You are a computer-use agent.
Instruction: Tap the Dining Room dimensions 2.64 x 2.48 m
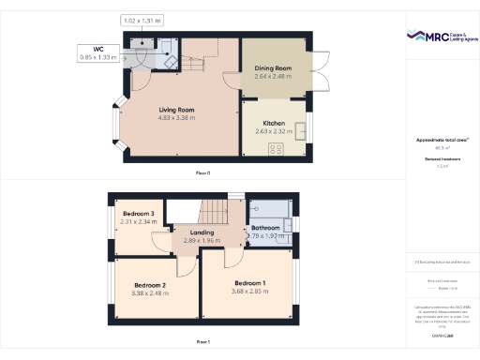(274, 78)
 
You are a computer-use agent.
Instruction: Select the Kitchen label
(274, 123)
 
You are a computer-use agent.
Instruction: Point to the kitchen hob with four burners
(277, 149)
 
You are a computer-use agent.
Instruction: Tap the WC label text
(97, 49)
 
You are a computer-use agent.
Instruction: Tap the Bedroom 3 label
(138, 214)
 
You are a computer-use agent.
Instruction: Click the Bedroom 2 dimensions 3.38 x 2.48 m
(150, 292)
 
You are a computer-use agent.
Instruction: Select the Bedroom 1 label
(250, 283)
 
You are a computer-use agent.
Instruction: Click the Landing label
(202, 232)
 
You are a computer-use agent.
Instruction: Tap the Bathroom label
(266, 228)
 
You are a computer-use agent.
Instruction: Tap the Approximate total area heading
(442, 140)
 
